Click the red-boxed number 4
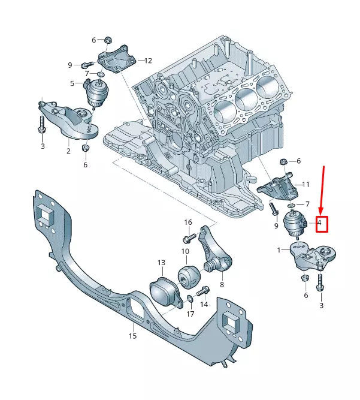(320, 224)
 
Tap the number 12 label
(148, 61)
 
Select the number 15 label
(132, 336)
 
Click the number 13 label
(161, 263)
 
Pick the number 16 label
(187, 222)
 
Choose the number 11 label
(305, 184)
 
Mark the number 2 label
(68, 151)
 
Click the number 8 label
(222, 284)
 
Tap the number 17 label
(190, 313)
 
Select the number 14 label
(204, 304)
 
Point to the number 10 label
(185, 251)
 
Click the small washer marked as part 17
(190, 299)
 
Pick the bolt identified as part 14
(201, 291)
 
